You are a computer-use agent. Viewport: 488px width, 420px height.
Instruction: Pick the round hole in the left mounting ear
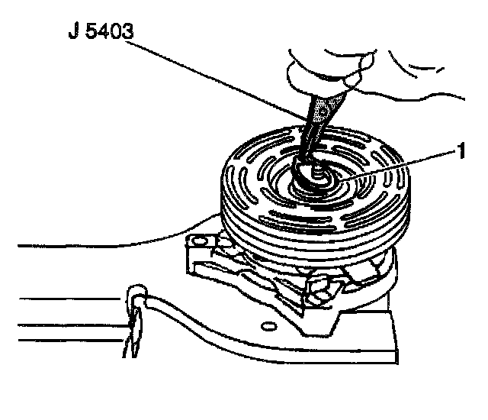pyautogui.click(x=201, y=241)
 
